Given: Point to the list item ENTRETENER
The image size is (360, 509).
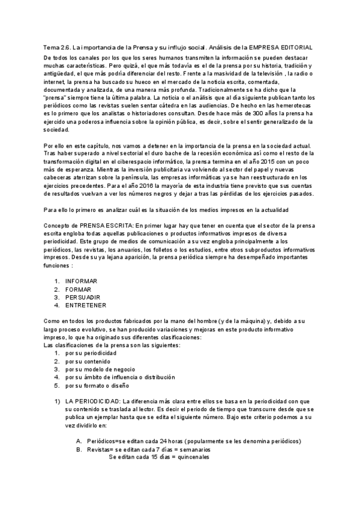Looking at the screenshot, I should tap(86, 306).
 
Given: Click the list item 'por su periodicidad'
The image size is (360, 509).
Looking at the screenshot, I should tap(91, 354).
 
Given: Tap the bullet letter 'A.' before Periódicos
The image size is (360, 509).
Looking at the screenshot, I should tap(79, 441).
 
